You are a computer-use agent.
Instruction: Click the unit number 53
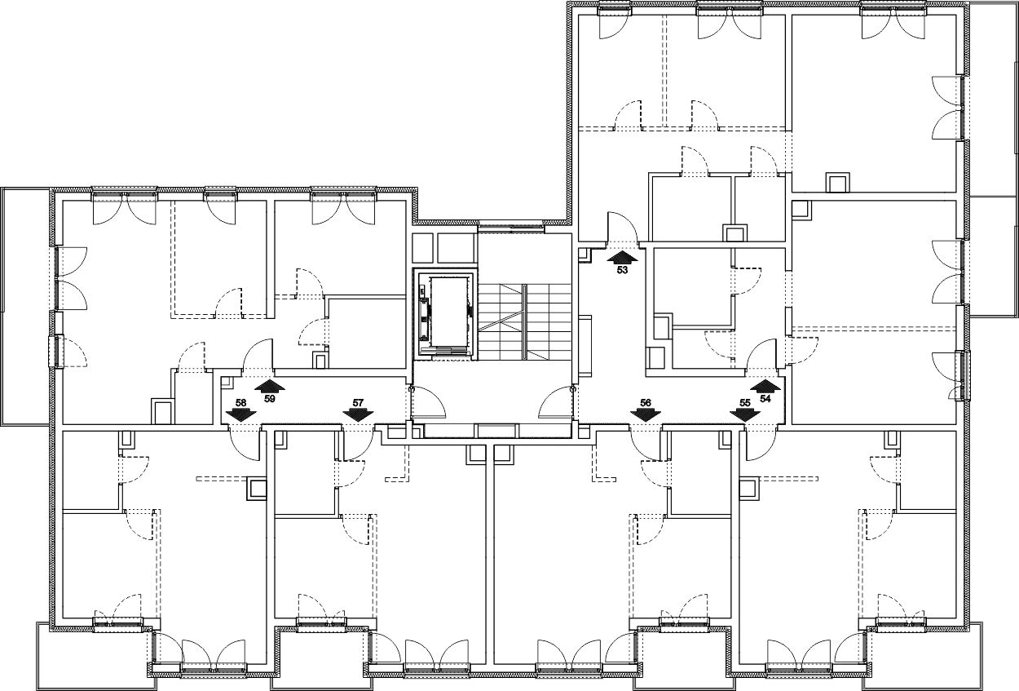coord(622,270)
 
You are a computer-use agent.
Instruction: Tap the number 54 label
coord(765,398)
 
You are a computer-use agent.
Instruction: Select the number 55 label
coord(745,403)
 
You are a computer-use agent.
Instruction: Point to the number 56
coord(646,403)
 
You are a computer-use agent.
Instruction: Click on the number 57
coord(358,403)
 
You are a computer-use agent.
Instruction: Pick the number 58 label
coord(241,403)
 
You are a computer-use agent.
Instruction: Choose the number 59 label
coord(270,398)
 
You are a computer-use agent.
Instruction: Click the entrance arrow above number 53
coord(622,256)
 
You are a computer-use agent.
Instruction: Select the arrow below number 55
coord(745,415)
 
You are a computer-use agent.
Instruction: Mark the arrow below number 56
coord(646,415)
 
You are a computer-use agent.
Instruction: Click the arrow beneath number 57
coord(358,415)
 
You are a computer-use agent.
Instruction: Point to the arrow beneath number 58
coord(241,415)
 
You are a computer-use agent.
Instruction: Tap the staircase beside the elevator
coord(524,321)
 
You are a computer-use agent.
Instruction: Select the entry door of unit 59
coord(258,356)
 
